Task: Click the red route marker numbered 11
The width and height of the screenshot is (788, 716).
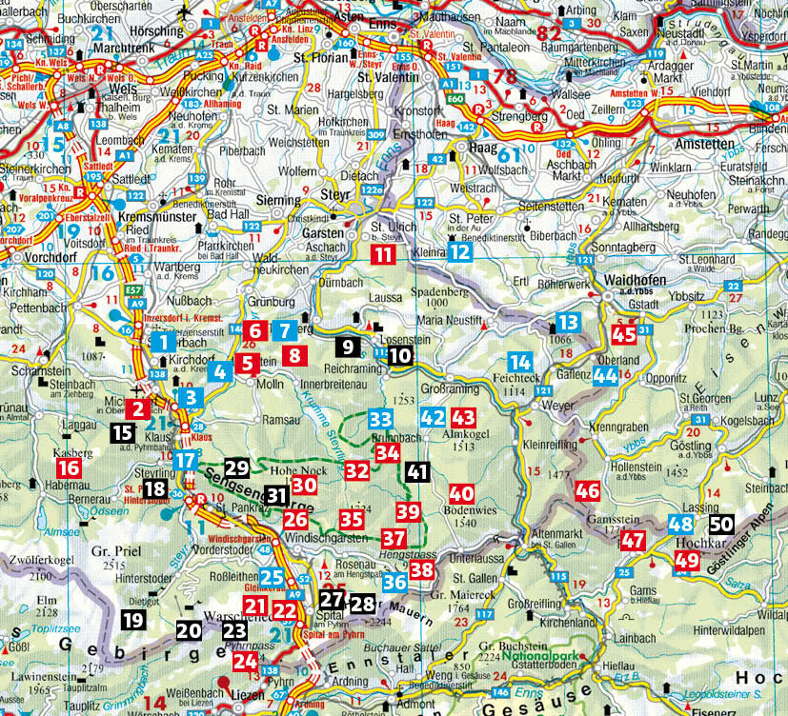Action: click(x=382, y=253)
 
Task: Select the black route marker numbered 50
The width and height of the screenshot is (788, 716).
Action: click(x=722, y=524)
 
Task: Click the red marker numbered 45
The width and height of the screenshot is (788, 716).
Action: click(x=624, y=334)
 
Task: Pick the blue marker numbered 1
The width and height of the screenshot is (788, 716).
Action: click(x=163, y=342)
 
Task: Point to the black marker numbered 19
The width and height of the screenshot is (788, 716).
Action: click(x=133, y=621)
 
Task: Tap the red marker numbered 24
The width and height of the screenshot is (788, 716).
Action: click(x=246, y=661)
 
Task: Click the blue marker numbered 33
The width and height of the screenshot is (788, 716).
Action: click(x=380, y=419)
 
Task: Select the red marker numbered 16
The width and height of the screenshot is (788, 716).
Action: click(x=69, y=467)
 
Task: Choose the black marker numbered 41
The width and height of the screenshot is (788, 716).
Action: click(x=416, y=470)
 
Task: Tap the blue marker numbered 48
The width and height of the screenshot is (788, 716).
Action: click(x=680, y=524)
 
